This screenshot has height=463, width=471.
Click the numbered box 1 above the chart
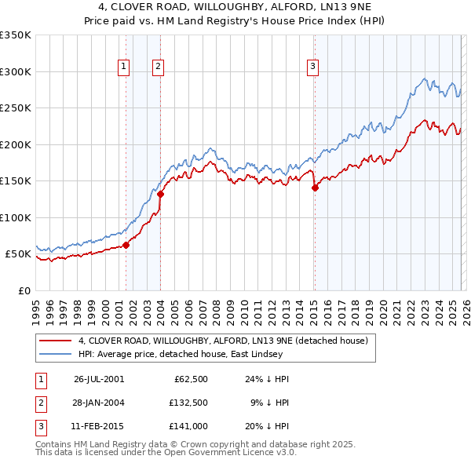(x=124, y=67)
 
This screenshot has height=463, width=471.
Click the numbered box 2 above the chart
(x=158, y=67)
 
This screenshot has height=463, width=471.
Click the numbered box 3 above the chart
(x=312, y=67)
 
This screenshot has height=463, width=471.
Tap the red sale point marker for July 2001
(x=126, y=245)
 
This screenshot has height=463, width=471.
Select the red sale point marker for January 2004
(x=160, y=194)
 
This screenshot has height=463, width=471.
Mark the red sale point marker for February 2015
(x=314, y=188)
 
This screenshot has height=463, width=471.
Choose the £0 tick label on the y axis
(x=24, y=290)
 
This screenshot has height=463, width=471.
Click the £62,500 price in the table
(x=188, y=378)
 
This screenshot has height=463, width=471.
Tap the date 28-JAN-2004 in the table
(x=99, y=402)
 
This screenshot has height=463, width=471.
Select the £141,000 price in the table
(x=188, y=425)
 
